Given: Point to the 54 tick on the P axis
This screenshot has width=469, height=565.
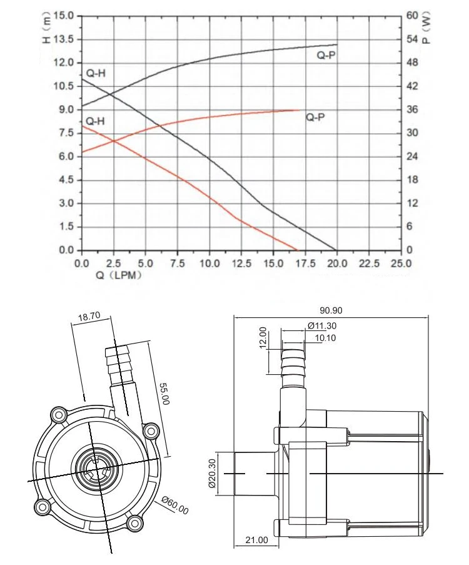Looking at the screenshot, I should coord(411,39).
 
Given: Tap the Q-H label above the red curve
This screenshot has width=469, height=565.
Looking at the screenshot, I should coord(96,120).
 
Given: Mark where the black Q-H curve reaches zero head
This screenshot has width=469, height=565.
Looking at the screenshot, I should coord(336,250).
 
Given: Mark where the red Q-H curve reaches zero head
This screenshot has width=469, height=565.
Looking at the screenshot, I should coord(298,250).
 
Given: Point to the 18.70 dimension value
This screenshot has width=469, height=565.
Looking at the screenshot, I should coord(89,317).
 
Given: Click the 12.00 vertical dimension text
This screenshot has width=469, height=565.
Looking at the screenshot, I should coord(263,337).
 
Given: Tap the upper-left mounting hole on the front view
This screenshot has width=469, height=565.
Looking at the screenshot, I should coord(60,414).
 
